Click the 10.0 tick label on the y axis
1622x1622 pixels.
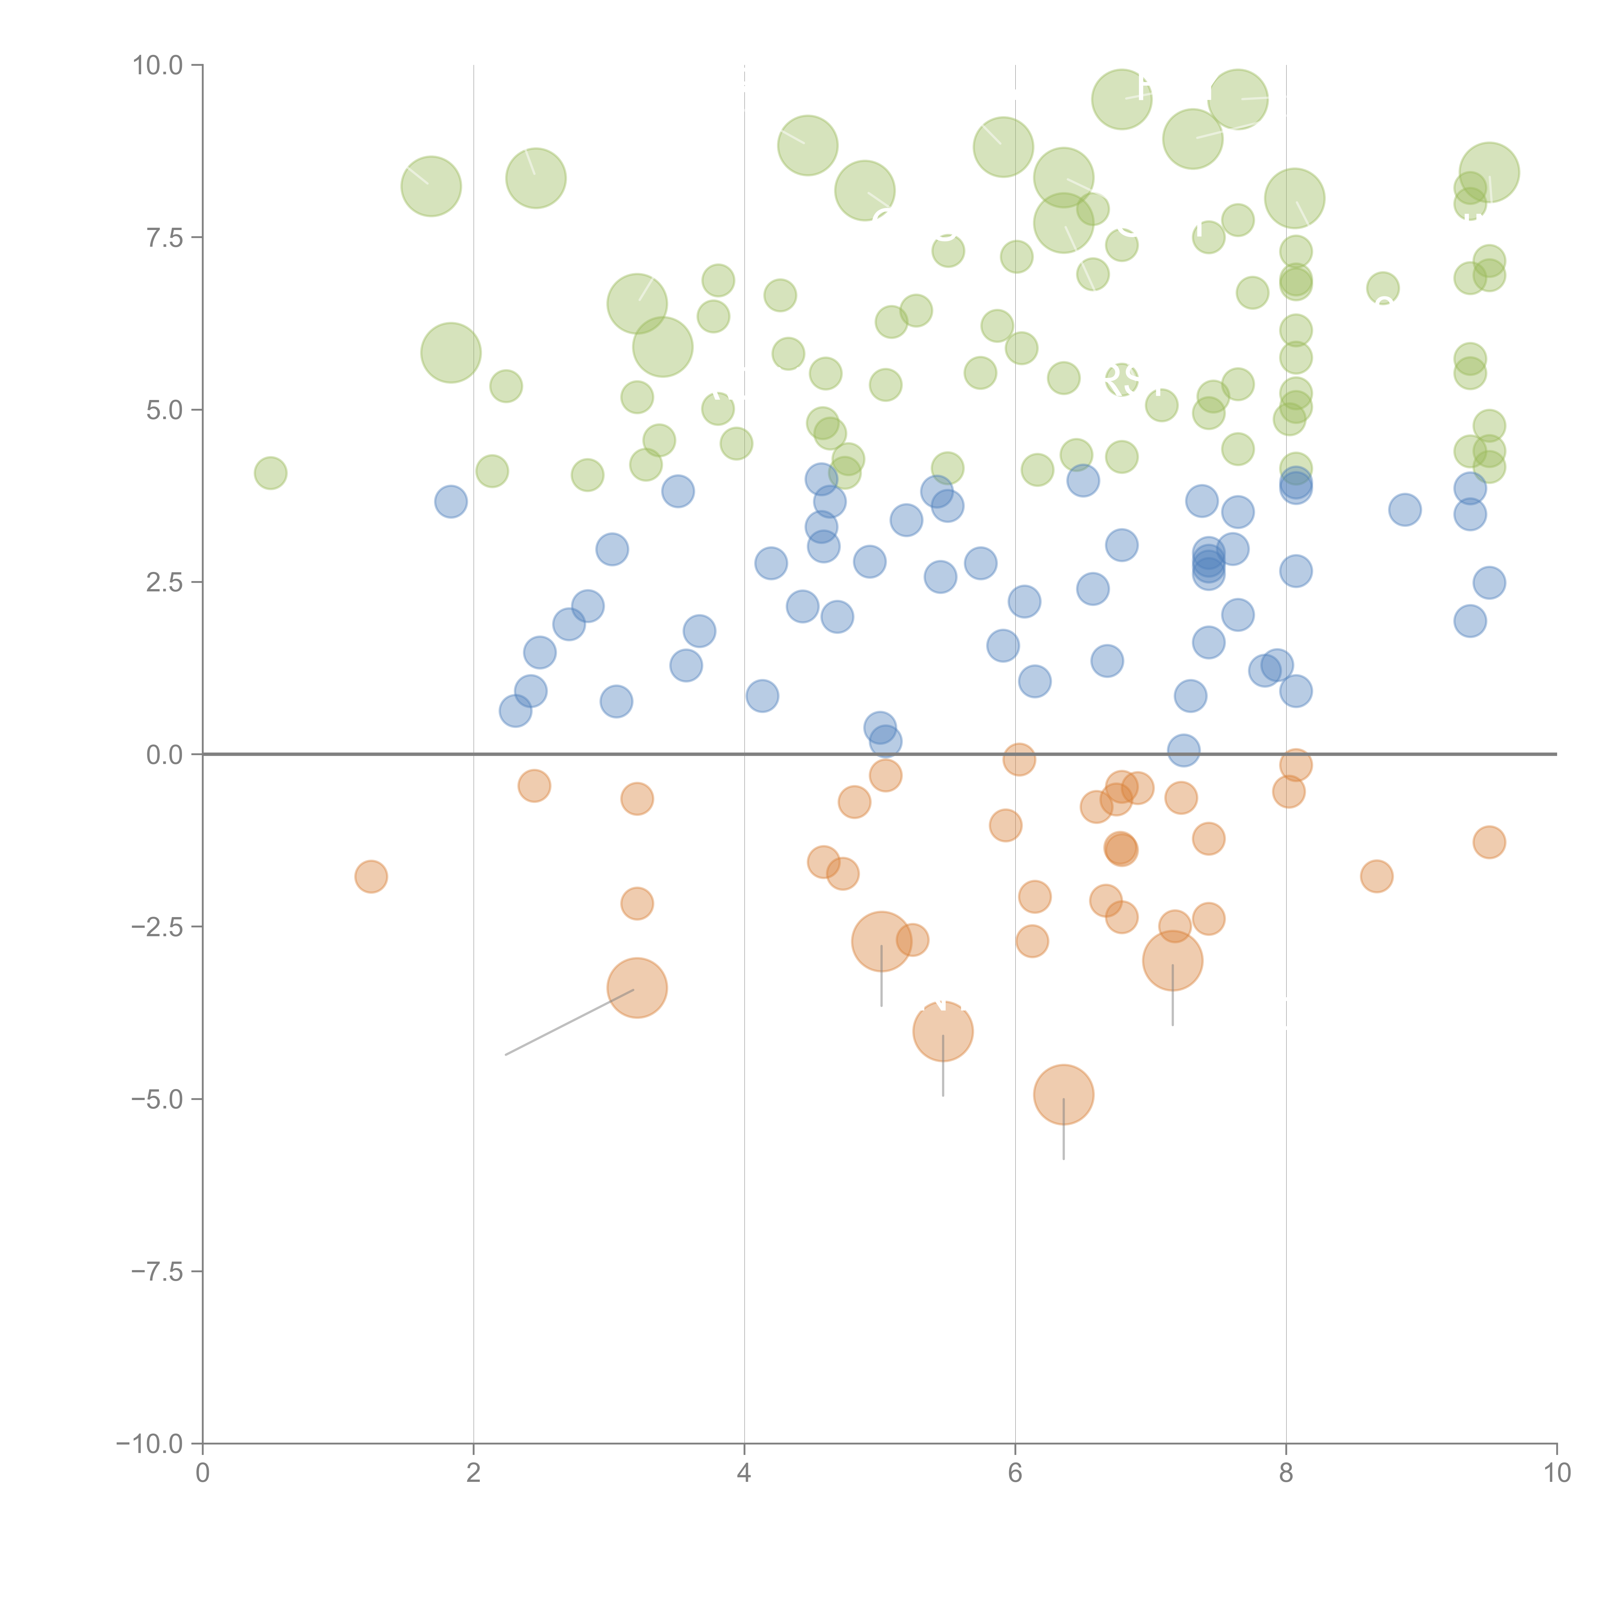click(x=158, y=66)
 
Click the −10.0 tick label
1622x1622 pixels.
click(x=151, y=1444)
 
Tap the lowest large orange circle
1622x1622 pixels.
click(x=1064, y=1095)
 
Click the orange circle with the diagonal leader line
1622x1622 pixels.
click(x=637, y=988)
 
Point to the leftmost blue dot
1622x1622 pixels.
click(x=451, y=502)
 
